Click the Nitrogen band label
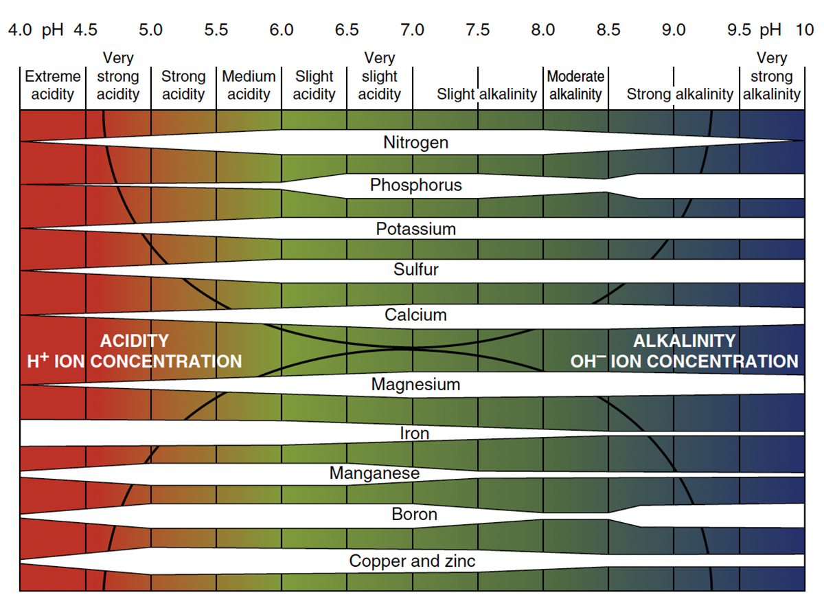pos(415,143)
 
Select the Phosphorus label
pos(415,185)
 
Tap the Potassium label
pos(415,229)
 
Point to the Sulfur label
pos(415,269)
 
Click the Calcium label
pos(415,315)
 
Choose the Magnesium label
pos(415,384)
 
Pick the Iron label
pos(414,434)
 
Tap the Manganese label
pos(374,473)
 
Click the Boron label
pos(414,514)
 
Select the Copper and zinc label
pos(412,561)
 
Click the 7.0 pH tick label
pos(412,30)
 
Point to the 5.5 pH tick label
pos(216,30)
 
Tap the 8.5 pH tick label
pos(608,30)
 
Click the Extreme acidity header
pos(52,85)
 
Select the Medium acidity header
pos(249,85)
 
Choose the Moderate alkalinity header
pos(575,85)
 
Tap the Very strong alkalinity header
pos(772,76)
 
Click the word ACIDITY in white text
pos(134,341)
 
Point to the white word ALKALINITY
pos(684,341)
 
